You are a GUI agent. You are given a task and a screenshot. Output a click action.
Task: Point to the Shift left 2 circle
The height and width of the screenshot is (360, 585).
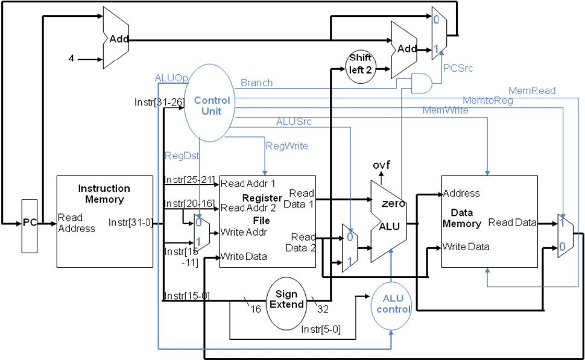click(359, 65)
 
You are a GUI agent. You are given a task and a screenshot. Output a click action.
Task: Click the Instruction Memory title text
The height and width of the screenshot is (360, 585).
click(104, 194)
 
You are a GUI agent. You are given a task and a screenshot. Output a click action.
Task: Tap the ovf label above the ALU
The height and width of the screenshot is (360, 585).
click(381, 165)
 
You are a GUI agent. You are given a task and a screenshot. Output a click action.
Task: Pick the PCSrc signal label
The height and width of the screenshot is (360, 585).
click(458, 68)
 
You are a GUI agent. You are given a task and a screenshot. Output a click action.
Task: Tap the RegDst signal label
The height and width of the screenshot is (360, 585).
click(179, 155)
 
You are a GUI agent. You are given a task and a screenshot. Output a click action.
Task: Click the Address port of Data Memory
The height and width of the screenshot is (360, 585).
click(461, 194)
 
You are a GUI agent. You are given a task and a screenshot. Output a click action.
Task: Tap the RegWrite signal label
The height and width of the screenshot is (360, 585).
click(286, 146)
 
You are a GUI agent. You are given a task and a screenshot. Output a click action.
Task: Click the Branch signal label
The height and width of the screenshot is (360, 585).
click(256, 83)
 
